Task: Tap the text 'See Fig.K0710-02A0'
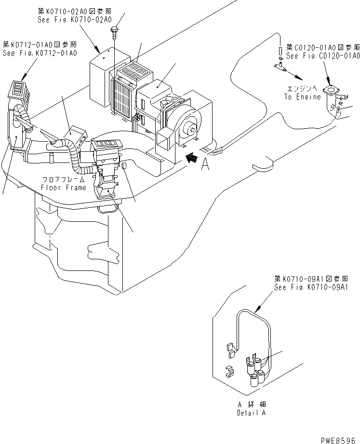[x=74, y=20]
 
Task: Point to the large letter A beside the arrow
[x=205, y=163]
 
